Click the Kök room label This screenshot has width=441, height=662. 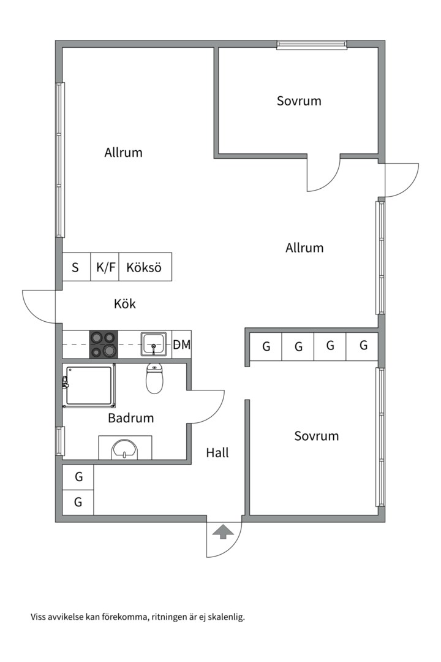tap(124, 303)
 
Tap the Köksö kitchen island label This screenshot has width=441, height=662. tap(144, 267)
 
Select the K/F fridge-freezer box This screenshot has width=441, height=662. tap(105, 267)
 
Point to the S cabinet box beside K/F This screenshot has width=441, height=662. tap(76, 267)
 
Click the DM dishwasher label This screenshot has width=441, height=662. tap(181, 345)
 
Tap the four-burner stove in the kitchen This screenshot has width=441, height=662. tap(104, 344)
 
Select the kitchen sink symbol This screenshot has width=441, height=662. tap(153, 344)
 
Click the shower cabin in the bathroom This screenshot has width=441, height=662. tap(89, 386)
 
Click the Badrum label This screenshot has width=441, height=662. tap(130, 419)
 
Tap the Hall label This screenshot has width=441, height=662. tap(217, 453)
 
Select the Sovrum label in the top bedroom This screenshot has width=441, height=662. tap(299, 101)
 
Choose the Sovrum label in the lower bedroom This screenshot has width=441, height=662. tap(316, 436)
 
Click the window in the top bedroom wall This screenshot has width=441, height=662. tap(312, 45)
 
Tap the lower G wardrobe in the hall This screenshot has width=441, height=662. tap(78, 502)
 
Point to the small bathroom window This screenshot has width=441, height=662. tap(59, 441)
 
